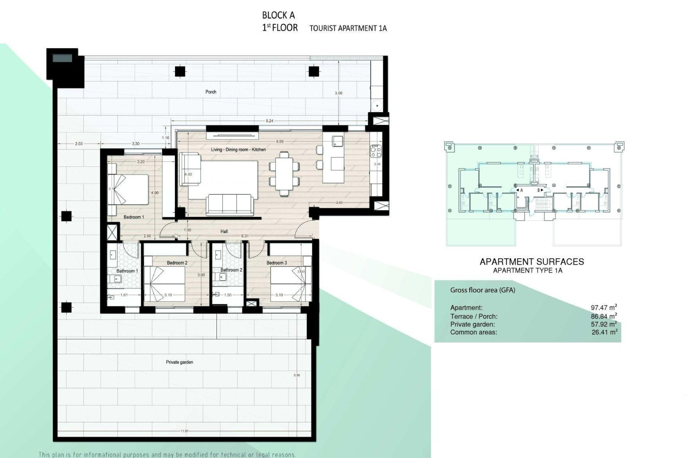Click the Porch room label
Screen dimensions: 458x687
(211, 92)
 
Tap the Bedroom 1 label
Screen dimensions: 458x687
(133, 217)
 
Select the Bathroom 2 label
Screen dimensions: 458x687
(231, 270)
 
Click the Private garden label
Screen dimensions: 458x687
(179, 362)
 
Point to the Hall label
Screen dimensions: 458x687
(224, 232)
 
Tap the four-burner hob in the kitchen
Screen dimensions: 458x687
(376, 151)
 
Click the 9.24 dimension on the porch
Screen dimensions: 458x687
(269, 121)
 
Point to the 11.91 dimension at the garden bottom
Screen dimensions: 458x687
(184, 431)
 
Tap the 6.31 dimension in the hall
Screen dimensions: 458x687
(245, 236)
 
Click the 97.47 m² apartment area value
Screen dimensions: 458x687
(604, 307)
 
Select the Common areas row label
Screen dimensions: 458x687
(473, 332)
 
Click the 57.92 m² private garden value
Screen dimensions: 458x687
(604, 324)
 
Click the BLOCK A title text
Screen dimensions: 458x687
(278, 15)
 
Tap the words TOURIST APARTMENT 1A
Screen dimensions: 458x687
(348, 28)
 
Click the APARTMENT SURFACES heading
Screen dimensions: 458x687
(531, 262)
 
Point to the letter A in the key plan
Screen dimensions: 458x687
(521, 190)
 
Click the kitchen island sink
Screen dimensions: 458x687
(337, 141)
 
